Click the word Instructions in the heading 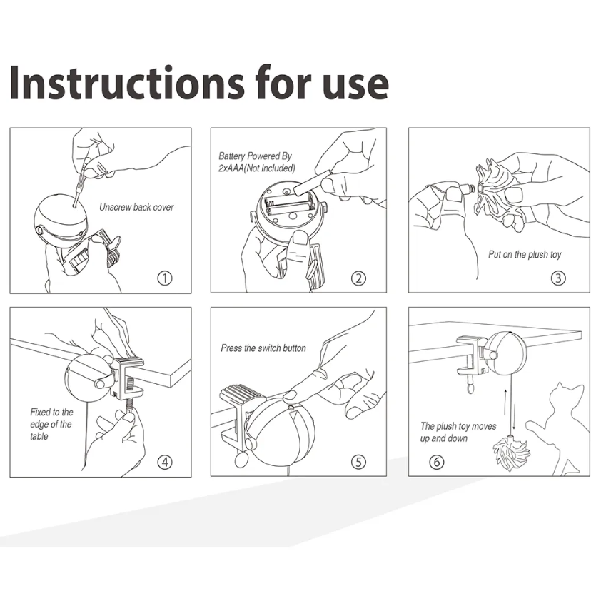click(x=127, y=82)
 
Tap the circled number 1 click(x=165, y=278)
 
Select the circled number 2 click(x=358, y=278)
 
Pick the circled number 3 click(x=558, y=278)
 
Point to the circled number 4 click(x=165, y=462)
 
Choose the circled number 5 click(x=358, y=462)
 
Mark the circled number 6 click(x=437, y=462)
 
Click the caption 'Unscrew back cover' click(x=136, y=207)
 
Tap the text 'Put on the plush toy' click(x=525, y=255)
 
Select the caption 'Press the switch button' click(x=263, y=348)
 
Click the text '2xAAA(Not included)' click(x=257, y=168)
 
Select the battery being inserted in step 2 click(x=312, y=183)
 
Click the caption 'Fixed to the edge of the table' click(x=51, y=425)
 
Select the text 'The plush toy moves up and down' click(x=458, y=433)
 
